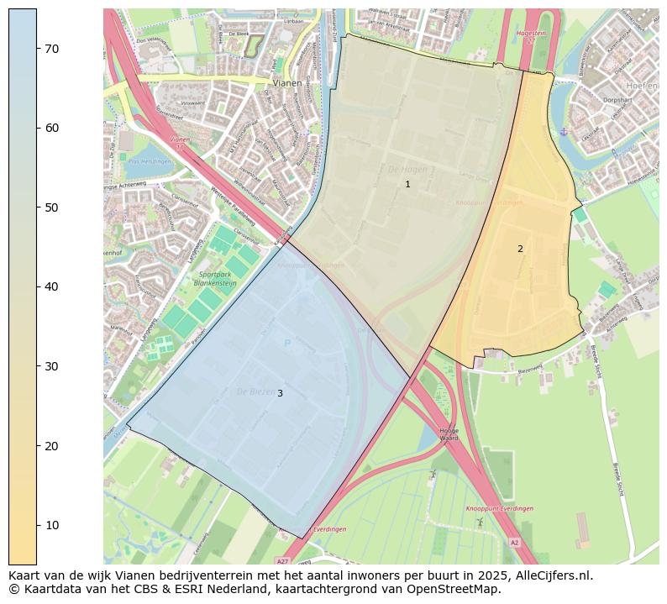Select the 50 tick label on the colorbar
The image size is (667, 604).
coord(50,207)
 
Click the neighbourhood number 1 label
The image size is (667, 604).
coord(407,184)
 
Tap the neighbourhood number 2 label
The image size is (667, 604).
coord(520,249)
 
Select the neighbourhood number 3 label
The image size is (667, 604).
coord(280,393)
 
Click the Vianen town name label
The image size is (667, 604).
coord(287,84)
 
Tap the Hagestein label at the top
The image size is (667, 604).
coord(532,34)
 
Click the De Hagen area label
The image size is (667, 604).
coord(404,170)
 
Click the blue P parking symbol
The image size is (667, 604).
coord(287,343)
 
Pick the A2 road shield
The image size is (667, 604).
coord(514,543)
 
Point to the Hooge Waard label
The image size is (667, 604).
coord(449,434)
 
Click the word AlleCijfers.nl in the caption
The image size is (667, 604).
coord(553,576)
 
